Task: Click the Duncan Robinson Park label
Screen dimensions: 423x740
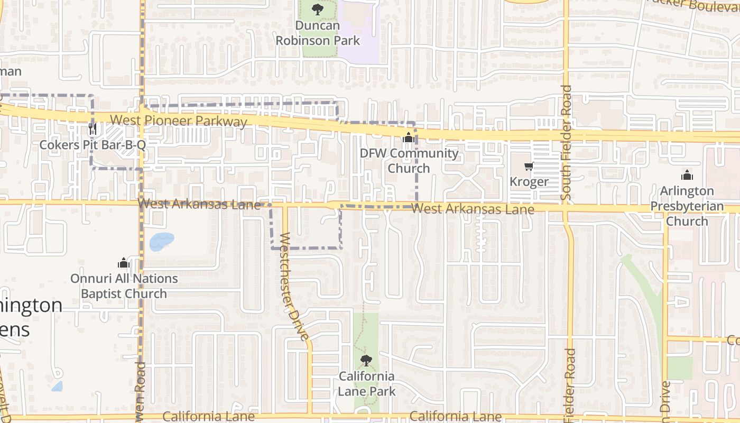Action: pos(318,33)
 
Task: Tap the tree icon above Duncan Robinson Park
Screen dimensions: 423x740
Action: pos(317,9)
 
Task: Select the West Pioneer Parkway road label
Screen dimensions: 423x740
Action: pos(179,121)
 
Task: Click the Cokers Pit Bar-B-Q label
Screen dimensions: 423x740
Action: pos(92,145)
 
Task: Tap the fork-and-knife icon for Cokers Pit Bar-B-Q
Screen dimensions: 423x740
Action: pos(93,128)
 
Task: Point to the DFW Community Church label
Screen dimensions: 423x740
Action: pos(409,161)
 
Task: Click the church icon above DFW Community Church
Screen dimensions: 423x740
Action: pos(408,138)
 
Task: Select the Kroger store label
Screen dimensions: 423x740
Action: pos(529,182)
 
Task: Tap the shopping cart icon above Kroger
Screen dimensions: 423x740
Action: pos(529,167)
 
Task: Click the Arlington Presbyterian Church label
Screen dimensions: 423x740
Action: pos(687,206)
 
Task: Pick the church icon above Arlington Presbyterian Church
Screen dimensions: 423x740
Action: pos(687,175)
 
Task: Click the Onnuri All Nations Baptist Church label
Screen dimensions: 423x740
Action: pos(124,286)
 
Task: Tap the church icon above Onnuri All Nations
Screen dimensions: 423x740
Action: pos(124,263)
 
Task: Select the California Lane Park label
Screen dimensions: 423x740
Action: pos(366,384)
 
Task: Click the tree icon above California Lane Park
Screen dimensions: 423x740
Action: pos(366,361)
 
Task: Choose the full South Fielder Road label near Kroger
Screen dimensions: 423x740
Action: pos(567,143)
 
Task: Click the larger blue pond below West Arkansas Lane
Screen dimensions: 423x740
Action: pos(162,241)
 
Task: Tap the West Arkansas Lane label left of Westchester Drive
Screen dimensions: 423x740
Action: pos(199,204)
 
